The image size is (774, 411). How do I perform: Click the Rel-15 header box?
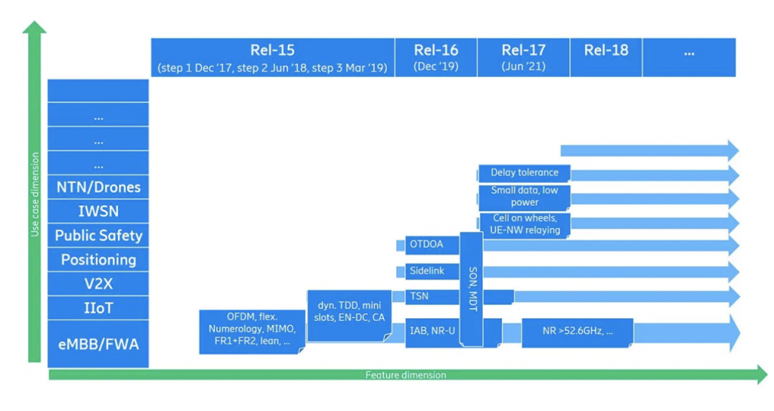pyautogui.click(x=272, y=57)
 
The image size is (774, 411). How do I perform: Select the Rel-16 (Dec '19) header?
pyautogui.click(x=435, y=57)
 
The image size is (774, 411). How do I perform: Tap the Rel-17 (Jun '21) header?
pyautogui.click(x=523, y=57)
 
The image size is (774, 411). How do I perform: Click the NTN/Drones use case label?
pyautogui.click(x=98, y=187)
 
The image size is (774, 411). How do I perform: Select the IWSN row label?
pyautogui.click(x=98, y=212)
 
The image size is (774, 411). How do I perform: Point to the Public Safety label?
pyautogui.click(x=98, y=236)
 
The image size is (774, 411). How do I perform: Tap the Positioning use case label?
pyautogui.click(x=98, y=260)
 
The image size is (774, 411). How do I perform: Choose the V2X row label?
pyautogui.click(x=98, y=284)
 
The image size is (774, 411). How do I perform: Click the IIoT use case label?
pyautogui.click(x=98, y=308)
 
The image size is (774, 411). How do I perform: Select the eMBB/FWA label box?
pyautogui.click(x=98, y=345)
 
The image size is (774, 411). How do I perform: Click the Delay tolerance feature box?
pyautogui.click(x=524, y=173)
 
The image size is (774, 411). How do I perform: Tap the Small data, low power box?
pyautogui.click(x=524, y=196)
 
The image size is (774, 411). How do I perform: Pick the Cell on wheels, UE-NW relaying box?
pyautogui.click(x=524, y=224)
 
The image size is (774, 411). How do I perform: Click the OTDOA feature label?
pyautogui.click(x=428, y=245)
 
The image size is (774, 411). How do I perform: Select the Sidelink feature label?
pyautogui.click(x=428, y=270)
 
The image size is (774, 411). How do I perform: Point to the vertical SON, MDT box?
pyautogui.click(x=471, y=289)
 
